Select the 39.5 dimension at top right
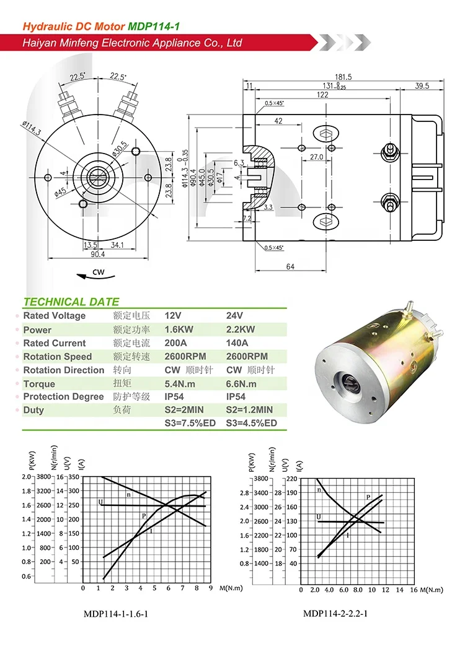click(422, 86)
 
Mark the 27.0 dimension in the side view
click(316, 157)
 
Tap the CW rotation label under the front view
click(98, 272)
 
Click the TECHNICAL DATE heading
click(71, 302)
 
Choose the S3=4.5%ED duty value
click(251, 424)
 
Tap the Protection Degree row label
click(63, 397)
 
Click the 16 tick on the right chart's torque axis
click(414, 590)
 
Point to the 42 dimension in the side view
click(278, 121)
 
